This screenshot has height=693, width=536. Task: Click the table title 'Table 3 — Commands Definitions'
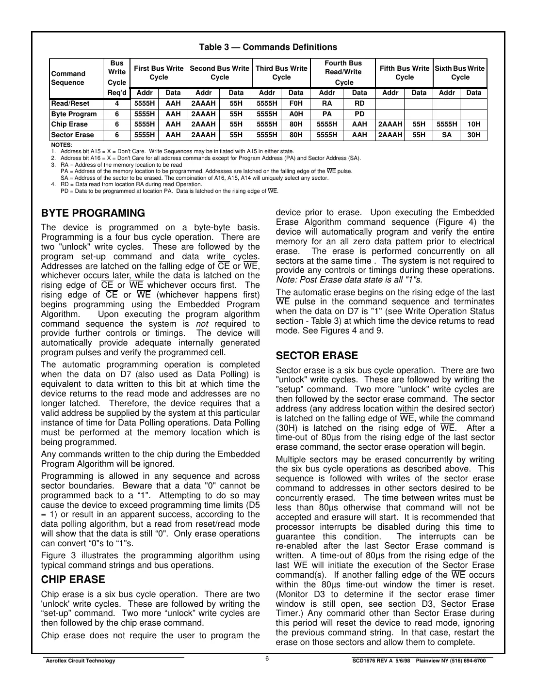[x=268, y=47]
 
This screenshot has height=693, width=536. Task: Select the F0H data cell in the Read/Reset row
[x=295, y=103]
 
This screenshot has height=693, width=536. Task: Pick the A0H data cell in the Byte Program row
[x=295, y=114]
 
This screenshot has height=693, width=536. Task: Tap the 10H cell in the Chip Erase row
[x=473, y=124]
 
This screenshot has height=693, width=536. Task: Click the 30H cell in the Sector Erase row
[x=473, y=135]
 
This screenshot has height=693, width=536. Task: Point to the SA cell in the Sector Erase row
[x=446, y=135]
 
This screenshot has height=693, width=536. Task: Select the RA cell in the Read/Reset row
[x=327, y=103]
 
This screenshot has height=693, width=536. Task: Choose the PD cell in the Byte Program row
[x=359, y=114]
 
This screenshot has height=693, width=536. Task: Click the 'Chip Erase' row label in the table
[x=69, y=124]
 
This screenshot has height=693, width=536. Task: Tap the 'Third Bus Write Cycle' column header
[x=281, y=73]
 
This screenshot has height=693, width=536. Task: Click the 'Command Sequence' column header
[x=68, y=78]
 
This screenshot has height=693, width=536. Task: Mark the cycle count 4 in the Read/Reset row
[x=117, y=103]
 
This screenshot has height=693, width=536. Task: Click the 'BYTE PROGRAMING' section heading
[x=93, y=213]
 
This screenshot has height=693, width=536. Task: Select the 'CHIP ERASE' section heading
[x=73, y=580]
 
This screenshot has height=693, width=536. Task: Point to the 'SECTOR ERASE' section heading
[x=317, y=356]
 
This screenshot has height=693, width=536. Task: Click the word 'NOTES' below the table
[x=61, y=145]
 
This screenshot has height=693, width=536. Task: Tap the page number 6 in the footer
[x=267, y=658]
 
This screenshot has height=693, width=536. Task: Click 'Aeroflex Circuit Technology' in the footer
[x=80, y=661]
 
